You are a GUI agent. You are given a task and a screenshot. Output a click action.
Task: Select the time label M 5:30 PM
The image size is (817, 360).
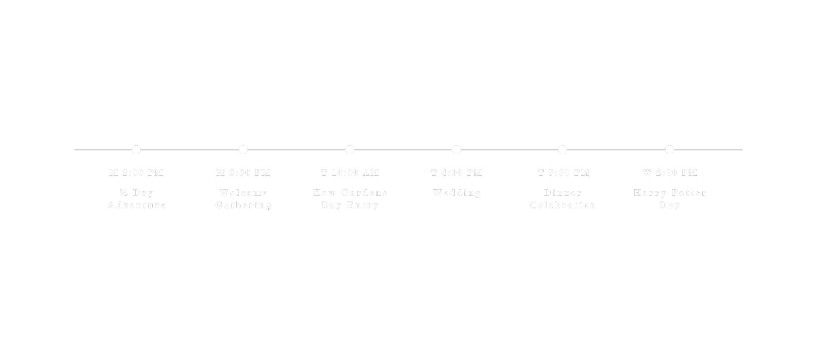coord(243,173)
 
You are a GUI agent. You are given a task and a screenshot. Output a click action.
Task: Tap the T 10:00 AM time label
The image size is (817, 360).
coord(350,173)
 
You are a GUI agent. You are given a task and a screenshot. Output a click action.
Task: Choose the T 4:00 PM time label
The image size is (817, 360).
coord(457,173)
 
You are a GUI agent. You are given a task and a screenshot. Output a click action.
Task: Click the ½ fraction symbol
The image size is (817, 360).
coord(124,193)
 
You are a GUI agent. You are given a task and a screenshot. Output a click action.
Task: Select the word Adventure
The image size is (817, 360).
coord(137,205)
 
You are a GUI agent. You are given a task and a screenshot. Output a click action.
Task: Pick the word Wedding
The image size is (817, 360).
coord(457,193)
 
